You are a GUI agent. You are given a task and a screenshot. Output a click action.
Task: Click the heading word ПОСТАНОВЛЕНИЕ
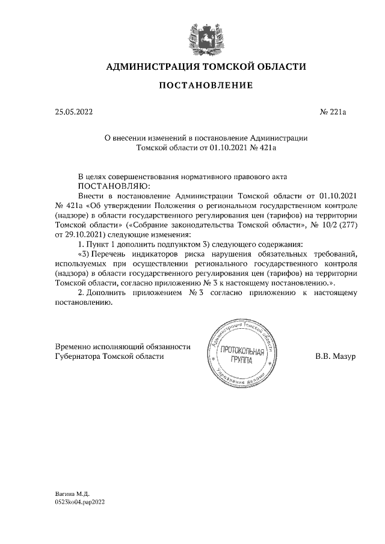(x=206, y=87)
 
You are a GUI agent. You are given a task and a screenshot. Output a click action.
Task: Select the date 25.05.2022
(x=74, y=112)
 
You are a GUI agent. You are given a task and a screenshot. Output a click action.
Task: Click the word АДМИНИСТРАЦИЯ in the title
(x=152, y=66)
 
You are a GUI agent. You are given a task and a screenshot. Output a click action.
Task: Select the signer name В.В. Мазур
(x=336, y=356)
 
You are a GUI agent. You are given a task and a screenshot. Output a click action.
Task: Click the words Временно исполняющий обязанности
(x=114, y=346)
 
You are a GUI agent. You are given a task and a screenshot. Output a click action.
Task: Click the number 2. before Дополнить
(x=82, y=292)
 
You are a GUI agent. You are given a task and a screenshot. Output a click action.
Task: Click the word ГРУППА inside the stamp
(x=242, y=361)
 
